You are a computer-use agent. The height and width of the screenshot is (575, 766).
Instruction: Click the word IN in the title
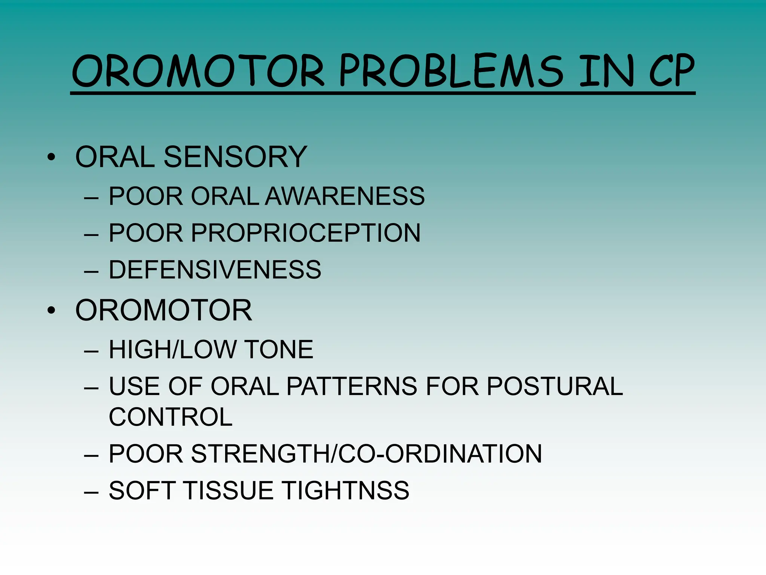click(x=606, y=71)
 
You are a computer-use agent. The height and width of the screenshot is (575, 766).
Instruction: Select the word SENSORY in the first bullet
click(x=235, y=157)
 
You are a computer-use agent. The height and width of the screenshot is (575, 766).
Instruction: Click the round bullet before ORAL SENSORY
click(x=51, y=157)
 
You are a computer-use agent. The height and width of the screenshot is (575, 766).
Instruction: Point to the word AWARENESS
click(x=345, y=196)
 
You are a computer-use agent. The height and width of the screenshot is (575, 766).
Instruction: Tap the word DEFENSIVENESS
click(x=215, y=270)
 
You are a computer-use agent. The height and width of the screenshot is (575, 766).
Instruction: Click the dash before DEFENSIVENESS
click(x=91, y=271)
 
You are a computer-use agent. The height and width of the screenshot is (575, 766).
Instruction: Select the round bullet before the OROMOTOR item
click(x=51, y=310)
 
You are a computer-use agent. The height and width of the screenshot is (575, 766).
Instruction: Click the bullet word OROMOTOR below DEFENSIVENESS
click(x=163, y=310)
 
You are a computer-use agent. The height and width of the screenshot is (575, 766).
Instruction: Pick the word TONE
click(x=279, y=350)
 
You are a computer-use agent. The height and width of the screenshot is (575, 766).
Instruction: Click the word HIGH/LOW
click(x=172, y=350)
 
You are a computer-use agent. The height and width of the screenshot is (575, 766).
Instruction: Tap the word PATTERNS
click(x=352, y=386)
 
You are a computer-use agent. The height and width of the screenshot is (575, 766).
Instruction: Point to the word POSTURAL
click(x=555, y=386)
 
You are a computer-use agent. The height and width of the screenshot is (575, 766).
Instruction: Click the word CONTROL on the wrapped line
click(x=171, y=417)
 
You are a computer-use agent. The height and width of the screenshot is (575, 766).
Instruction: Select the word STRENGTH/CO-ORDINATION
click(x=366, y=454)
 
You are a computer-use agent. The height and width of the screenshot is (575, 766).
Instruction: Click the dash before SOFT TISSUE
click(x=91, y=492)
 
